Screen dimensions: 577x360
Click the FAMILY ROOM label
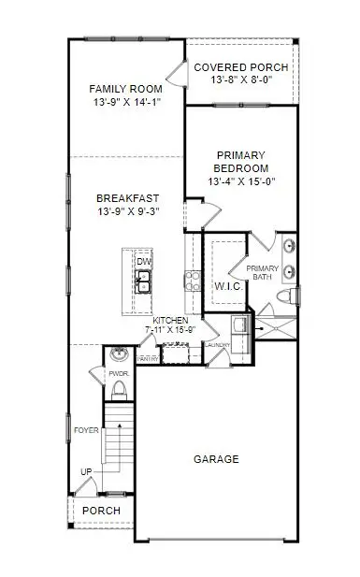[126, 89]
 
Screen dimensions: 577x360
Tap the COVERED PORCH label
[241, 68]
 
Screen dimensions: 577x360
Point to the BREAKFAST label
[126, 198]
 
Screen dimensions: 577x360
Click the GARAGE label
[216, 459]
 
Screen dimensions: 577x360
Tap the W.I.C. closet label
[228, 286]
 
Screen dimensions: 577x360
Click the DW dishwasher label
[144, 262]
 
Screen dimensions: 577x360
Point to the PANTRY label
[147, 358]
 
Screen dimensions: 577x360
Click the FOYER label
[88, 431]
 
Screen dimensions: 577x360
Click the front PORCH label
[101, 511]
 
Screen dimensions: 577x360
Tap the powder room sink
[119, 355]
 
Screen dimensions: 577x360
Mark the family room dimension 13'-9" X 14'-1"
[126, 104]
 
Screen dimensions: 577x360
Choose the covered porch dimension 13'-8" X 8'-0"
[241, 82]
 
